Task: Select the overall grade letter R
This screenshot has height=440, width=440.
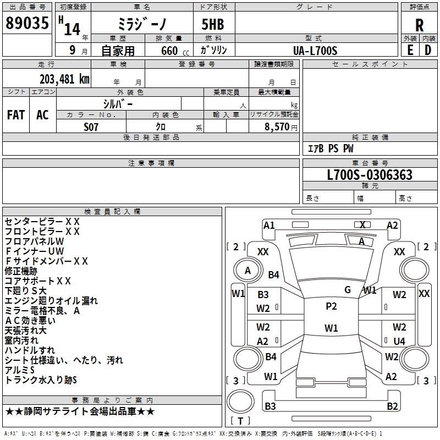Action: coord(419,25)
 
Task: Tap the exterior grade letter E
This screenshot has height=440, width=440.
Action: coord(410,50)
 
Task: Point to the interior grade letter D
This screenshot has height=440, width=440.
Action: coord(428,50)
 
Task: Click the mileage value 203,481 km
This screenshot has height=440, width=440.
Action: coord(64,78)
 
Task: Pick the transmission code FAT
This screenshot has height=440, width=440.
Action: coord(16,115)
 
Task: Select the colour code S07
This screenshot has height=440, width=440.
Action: coord(91,126)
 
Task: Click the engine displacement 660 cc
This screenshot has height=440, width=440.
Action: coord(168,51)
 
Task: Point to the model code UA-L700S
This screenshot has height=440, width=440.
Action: coord(315,50)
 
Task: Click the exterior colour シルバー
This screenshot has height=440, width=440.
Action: coord(118,103)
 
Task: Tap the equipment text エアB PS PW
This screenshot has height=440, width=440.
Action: coord(331,148)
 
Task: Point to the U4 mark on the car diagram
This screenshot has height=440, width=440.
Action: coord(399,341)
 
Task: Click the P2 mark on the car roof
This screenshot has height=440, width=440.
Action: coord(331,306)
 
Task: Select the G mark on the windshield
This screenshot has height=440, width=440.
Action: coord(348,290)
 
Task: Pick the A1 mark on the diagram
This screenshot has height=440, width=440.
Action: coord(269,225)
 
